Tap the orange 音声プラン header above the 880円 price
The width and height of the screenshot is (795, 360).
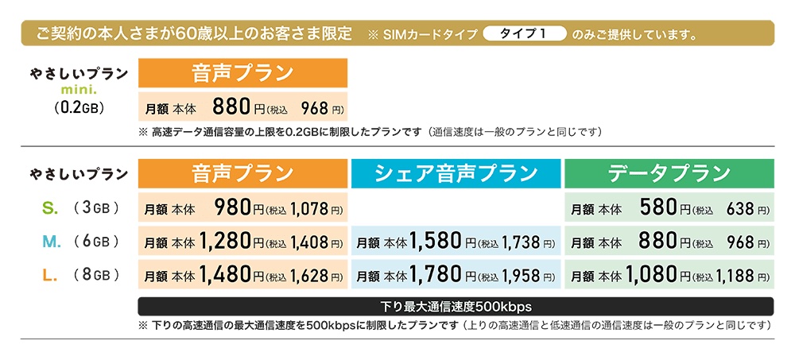(242, 75)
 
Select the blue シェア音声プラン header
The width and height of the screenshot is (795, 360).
(456, 173)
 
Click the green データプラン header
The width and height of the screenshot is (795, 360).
(668, 173)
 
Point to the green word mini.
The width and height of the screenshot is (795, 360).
(78, 89)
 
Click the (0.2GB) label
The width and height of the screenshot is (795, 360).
(78, 105)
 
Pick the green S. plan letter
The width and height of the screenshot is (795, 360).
(48, 209)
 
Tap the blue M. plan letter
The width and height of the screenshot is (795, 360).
(49, 241)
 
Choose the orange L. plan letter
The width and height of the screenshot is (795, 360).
(48, 275)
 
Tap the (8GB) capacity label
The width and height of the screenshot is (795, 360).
(95, 275)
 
